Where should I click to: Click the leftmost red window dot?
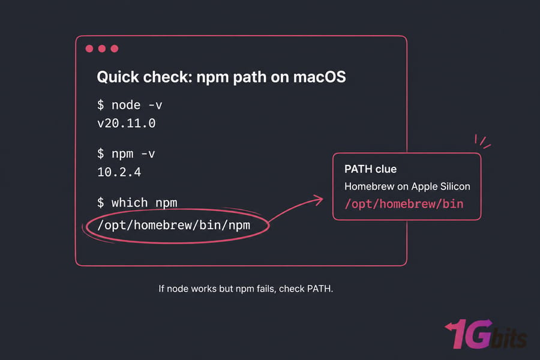coord(89,49)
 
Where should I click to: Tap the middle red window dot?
coord(102,49)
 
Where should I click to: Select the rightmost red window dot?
coord(115,49)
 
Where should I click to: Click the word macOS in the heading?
coord(320,77)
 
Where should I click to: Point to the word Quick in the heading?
coord(118,77)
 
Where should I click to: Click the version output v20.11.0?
coord(127,124)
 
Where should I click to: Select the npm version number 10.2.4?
coord(119,172)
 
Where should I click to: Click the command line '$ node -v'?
coord(130,105)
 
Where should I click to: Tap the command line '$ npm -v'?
coord(126,154)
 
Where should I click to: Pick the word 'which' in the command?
coord(130,203)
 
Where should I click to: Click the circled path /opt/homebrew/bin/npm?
coord(174,226)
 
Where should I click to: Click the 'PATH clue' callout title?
coord(371,169)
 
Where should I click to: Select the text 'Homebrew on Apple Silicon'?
coord(407,187)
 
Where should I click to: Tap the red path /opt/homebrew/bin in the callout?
coord(404,204)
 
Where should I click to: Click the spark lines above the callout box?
coord(482,142)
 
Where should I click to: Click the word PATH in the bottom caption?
coord(320,289)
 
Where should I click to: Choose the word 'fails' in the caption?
coord(266,289)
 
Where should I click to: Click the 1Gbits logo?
coord(485,334)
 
